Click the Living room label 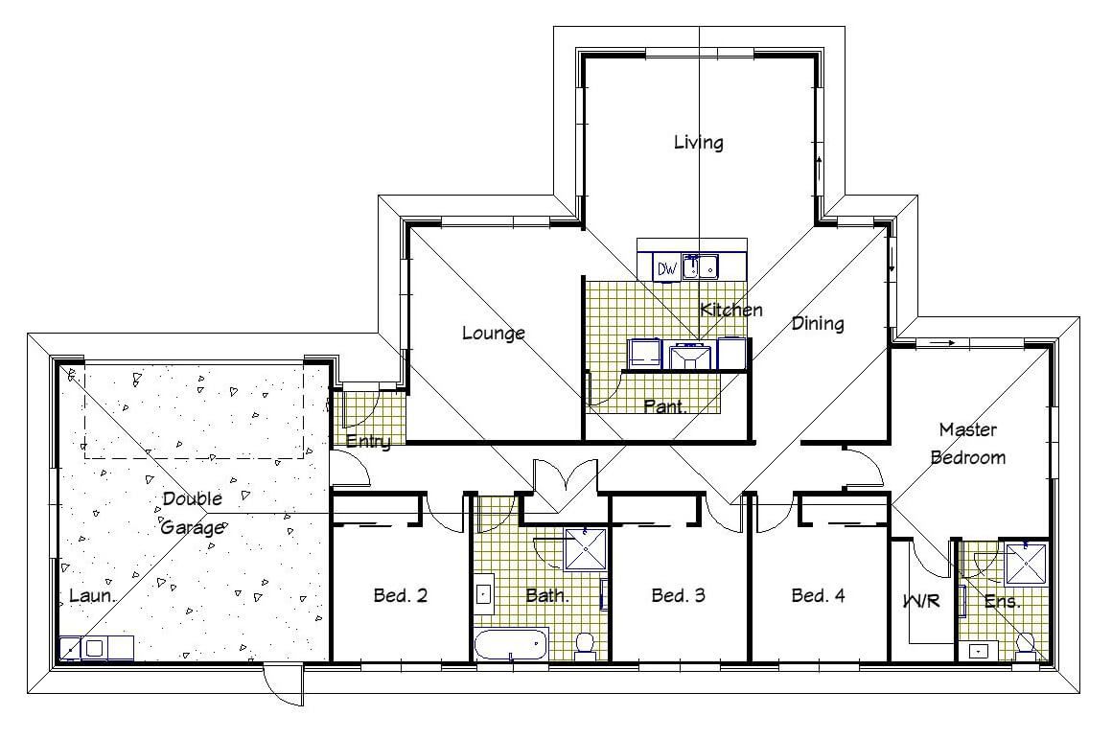pyautogui.click(x=699, y=143)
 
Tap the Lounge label pyautogui.click(x=494, y=333)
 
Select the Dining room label pyautogui.click(x=818, y=323)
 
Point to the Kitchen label pyautogui.click(x=731, y=310)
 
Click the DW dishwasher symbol pyautogui.click(x=666, y=268)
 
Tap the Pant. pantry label pyautogui.click(x=665, y=407)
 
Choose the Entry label pyautogui.click(x=368, y=442)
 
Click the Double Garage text pyautogui.click(x=192, y=513)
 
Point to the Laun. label pyautogui.click(x=92, y=596)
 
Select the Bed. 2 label pyautogui.click(x=401, y=595)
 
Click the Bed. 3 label pyautogui.click(x=679, y=595)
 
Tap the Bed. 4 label pyautogui.click(x=819, y=595)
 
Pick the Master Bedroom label pyautogui.click(x=968, y=443)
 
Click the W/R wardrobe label pyautogui.click(x=921, y=601)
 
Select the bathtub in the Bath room pyautogui.click(x=511, y=645)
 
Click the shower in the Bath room pyautogui.click(x=587, y=548)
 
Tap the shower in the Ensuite pyautogui.click(x=1027, y=563)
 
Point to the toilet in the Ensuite pyautogui.click(x=1026, y=646)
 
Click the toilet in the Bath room pyautogui.click(x=585, y=646)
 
